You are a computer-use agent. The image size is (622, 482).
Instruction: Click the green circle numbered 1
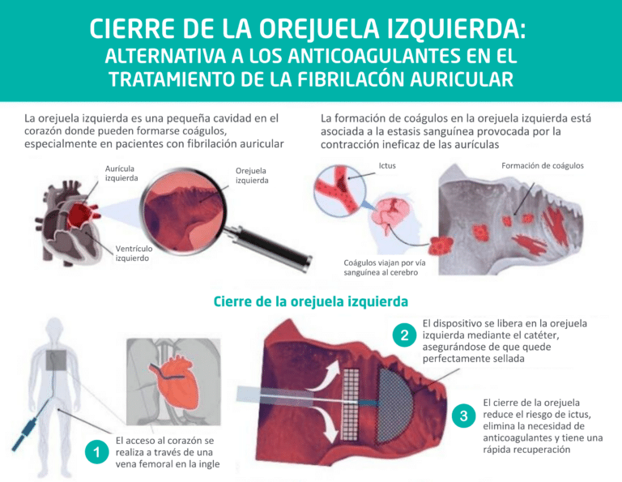coord(96,453)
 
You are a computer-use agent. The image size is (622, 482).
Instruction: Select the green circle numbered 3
coord(462,416)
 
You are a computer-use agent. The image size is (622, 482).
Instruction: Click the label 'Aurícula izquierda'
coord(121,173)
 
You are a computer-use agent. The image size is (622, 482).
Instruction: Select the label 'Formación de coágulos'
coord(542,165)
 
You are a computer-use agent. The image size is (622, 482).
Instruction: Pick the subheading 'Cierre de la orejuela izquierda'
coord(310,301)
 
